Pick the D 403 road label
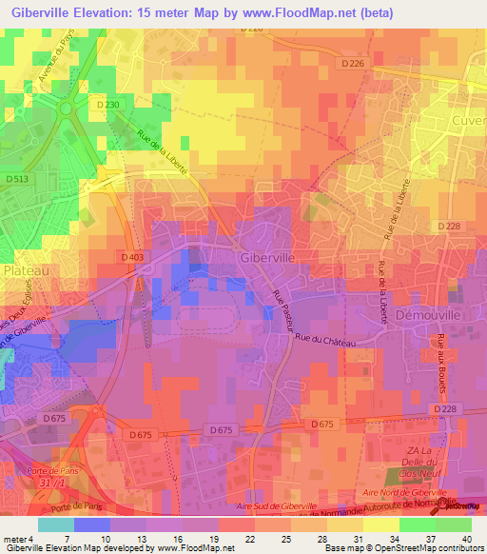133,256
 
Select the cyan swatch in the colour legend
56,524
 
